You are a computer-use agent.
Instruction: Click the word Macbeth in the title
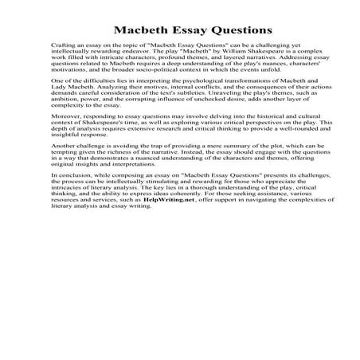click(139, 31)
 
